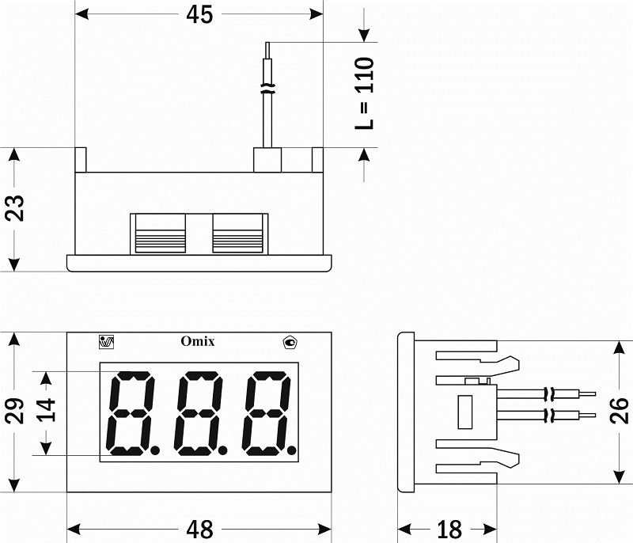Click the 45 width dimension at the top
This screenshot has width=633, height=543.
pyautogui.click(x=199, y=15)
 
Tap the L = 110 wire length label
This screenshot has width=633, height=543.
pyautogui.click(x=365, y=93)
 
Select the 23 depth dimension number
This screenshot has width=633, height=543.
pyautogui.click(x=15, y=208)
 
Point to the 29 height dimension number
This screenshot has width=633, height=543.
pyautogui.click(x=15, y=411)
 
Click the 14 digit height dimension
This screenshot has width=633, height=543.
pyautogui.click(x=47, y=410)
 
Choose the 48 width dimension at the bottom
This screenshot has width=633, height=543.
pyautogui.click(x=199, y=530)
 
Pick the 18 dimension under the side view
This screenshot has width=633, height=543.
pyautogui.click(x=449, y=530)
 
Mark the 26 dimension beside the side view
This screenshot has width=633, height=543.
pyautogui.click(x=619, y=411)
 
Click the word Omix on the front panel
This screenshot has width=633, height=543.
pyautogui.click(x=198, y=341)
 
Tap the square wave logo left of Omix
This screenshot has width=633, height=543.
pyautogui.click(x=107, y=342)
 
